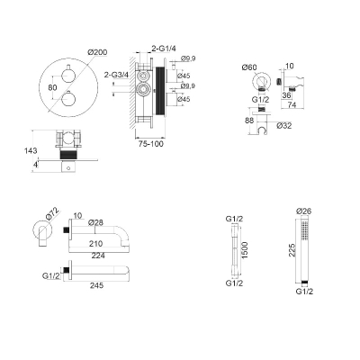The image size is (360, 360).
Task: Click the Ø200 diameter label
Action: coord(97,52)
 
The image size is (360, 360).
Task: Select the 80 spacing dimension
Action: coord(52,87)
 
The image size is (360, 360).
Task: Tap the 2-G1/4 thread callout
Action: coord(164,48)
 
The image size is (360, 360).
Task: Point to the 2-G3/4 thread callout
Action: coord(116,75)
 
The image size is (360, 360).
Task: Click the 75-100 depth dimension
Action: coord(151,144)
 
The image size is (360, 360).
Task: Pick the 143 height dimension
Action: coord(31,150)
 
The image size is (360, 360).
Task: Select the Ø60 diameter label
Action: coord(249,67)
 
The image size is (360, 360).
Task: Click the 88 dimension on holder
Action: coord(249,121)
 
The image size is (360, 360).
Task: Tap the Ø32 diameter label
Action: coord(283,125)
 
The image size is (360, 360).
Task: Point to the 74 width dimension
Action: coord(292,104)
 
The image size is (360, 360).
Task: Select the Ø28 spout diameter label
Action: coord(95,222)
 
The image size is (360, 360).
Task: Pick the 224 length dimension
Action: coord(98,256)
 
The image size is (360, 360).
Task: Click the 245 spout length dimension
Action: coord(96,285)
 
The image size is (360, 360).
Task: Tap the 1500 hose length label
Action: coord(245,250)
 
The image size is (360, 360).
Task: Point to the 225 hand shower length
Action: coord(292,250)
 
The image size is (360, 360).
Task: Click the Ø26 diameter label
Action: coord(303,211)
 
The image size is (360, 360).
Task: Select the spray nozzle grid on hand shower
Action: coord(304,230)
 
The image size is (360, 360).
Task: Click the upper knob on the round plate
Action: coord(68,76)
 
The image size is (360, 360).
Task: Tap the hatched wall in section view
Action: coord(132,92)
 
